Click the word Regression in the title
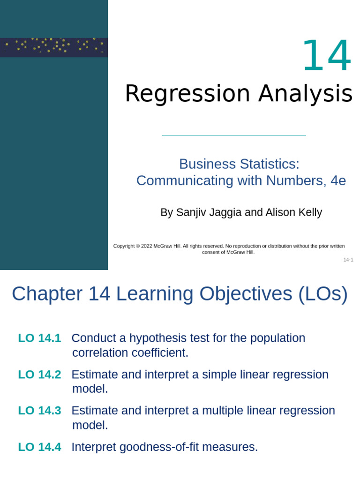pyautogui.click(x=187, y=94)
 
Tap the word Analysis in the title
pyautogui.click(x=305, y=94)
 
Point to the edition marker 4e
pyautogui.click(x=338, y=181)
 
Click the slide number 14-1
pyautogui.click(x=348, y=260)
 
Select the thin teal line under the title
pyautogui.click(x=233, y=135)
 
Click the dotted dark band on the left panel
pyautogui.click(x=54, y=47)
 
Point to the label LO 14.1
pyautogui.click(x=39, y=338)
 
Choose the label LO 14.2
pyautogui.click(x=39, y=375)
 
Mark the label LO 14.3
pyautogui.click(x=39, y=411)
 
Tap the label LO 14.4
pyautogui.click(x=39, y=447)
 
